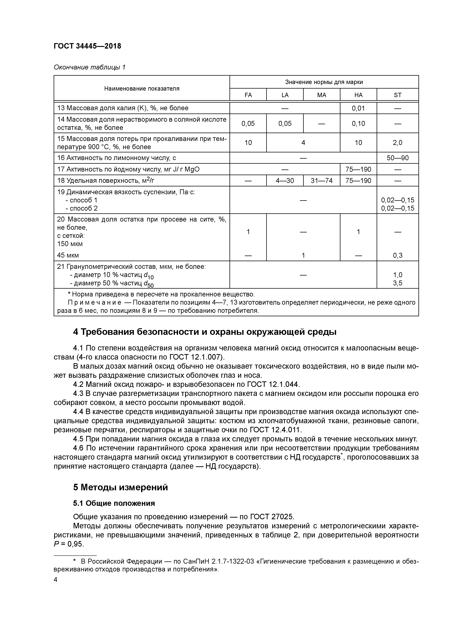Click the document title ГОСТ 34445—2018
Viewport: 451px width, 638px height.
(x=87, y=46)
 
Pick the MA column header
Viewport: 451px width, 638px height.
(x=322, y=95)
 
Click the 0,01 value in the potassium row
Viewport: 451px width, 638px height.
(x=358, y=108)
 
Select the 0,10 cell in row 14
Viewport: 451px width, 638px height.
(x=358, y=123)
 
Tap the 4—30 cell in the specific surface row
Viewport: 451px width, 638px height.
(x=285, y=181)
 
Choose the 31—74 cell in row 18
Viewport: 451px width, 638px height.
(x=322, y=181)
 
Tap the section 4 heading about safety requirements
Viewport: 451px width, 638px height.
(x=205, y=332)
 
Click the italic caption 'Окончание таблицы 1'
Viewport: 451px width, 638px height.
(x=89, y=67)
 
